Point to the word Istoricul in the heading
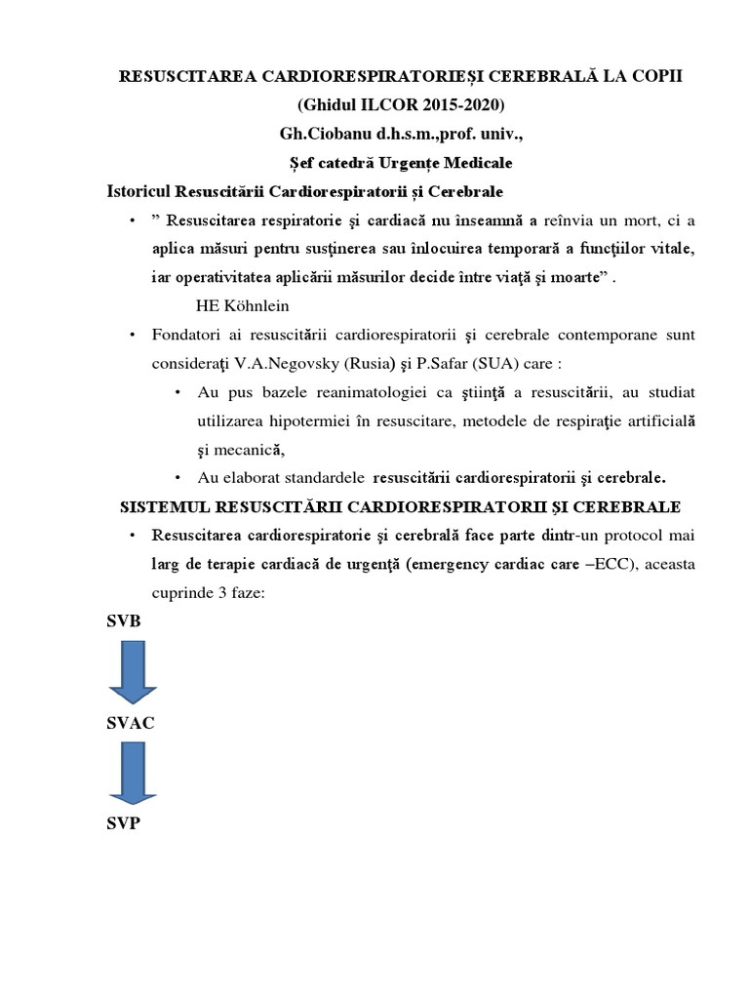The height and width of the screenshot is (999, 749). click(x=142, y=192)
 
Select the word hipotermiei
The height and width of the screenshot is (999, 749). click(x=290, y=421)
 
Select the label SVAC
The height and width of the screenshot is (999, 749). click(x=130, y=724)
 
